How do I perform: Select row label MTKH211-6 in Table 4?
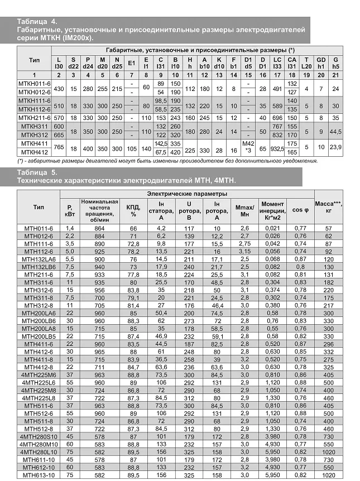click(34, 118)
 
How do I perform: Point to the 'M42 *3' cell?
click(249, 147)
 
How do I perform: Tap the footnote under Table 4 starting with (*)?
click(167, 161)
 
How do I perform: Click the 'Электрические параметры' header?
click(186, 193)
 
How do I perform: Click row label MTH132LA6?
click(37, 259)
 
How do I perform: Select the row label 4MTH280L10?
click(37, 451)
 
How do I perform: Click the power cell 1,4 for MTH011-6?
click(70, 228)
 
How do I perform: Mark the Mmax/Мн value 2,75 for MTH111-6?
click(245, 244)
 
